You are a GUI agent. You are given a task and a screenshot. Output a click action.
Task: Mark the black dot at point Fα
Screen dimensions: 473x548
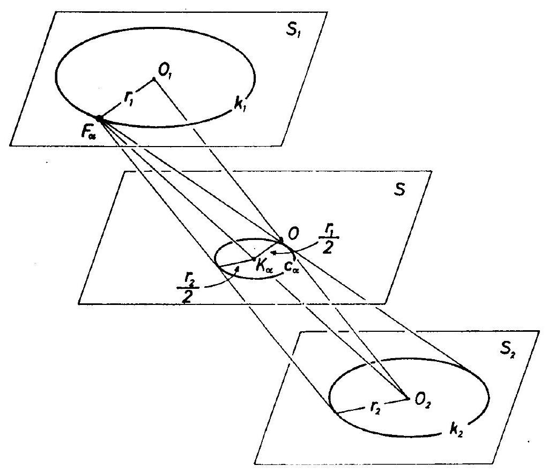pyautogui.click(x=100, y=118)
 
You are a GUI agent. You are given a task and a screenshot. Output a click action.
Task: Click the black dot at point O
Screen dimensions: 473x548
pyautogui.click(x=280, y=240)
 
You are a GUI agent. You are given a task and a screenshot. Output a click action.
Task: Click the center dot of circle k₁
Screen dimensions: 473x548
pyautogui.click(x=154, y=79)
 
